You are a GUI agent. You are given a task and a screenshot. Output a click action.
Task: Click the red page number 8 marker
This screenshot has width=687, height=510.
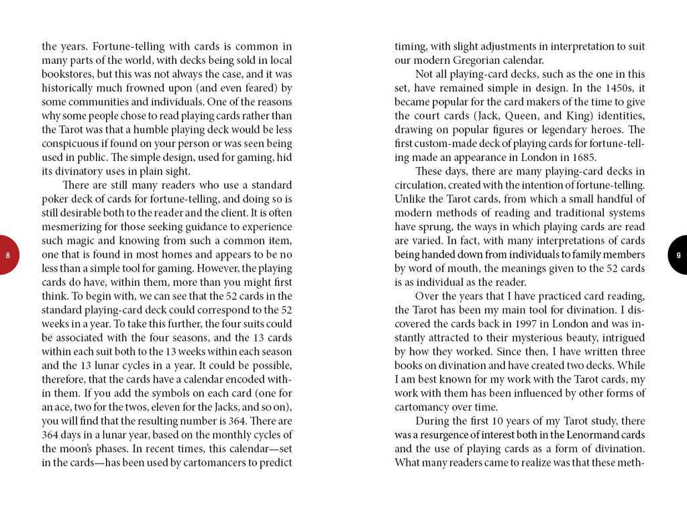[7, 255]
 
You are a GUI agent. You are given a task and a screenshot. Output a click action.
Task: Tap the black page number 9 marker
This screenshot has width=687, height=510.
[678, 255]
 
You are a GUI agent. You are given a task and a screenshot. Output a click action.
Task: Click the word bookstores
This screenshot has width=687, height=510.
[67, 74]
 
